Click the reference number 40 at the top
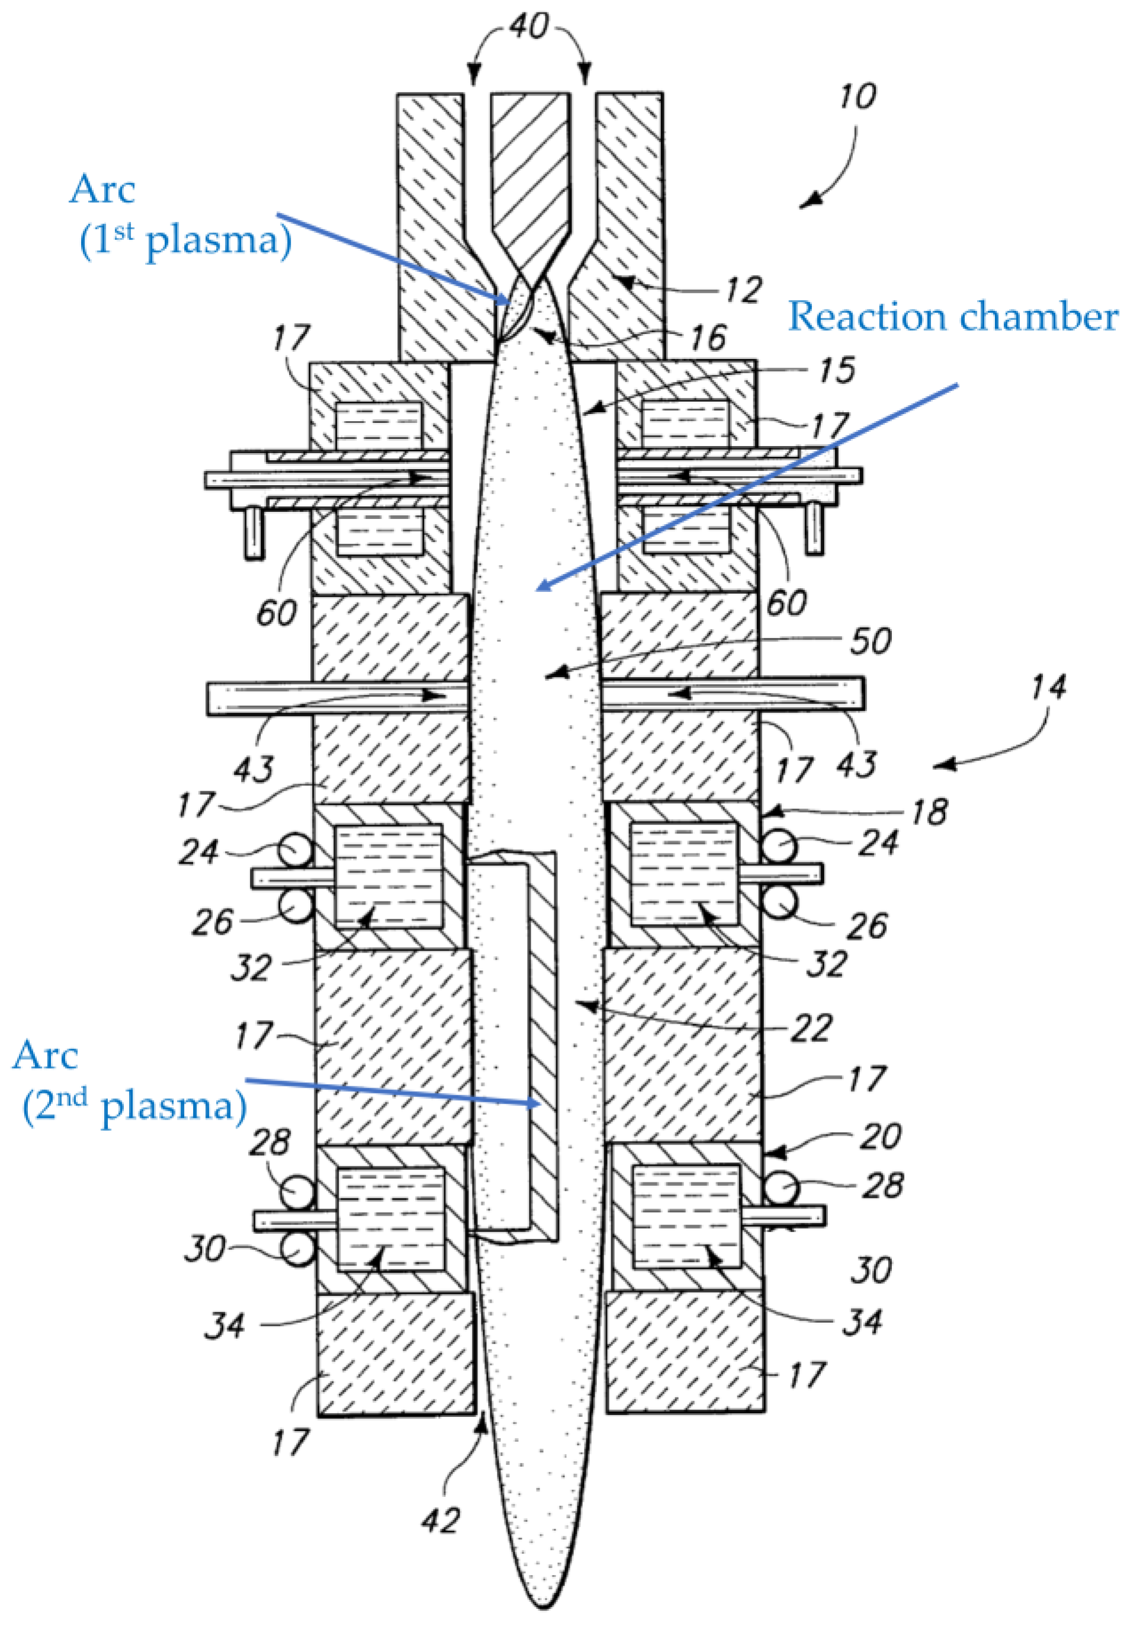coord(529,27)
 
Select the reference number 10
coord(858,96)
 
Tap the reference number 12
coord(743,290)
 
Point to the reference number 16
coord(708,338)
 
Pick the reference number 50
coord(870,641)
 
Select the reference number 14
coord(1048,687)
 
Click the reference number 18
coord(929,812)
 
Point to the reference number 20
coord(881,1136)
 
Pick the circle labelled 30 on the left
coord(297,1250)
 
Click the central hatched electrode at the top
coord(530,169)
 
